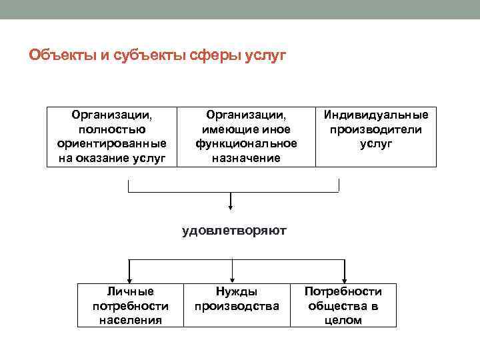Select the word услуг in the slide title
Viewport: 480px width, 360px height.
263,55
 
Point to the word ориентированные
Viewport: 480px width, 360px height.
112,143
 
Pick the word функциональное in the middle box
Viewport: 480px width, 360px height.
246,143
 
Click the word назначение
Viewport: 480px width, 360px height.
246,158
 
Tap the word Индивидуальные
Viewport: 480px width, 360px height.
376,115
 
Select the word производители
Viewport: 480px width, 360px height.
376,129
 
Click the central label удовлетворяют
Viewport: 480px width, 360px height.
234,231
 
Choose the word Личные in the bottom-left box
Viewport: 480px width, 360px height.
131,292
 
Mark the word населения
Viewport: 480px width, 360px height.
131,320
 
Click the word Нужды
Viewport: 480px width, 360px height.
236,292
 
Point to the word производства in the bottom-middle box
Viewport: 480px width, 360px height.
236,306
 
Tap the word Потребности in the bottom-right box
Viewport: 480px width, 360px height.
343,292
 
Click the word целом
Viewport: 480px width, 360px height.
343,320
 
